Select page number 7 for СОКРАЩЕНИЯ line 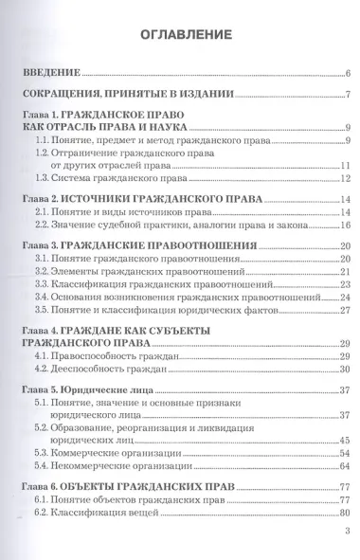point(349,94)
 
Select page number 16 point(346,225)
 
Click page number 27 point(346,310)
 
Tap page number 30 point(346,369)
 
